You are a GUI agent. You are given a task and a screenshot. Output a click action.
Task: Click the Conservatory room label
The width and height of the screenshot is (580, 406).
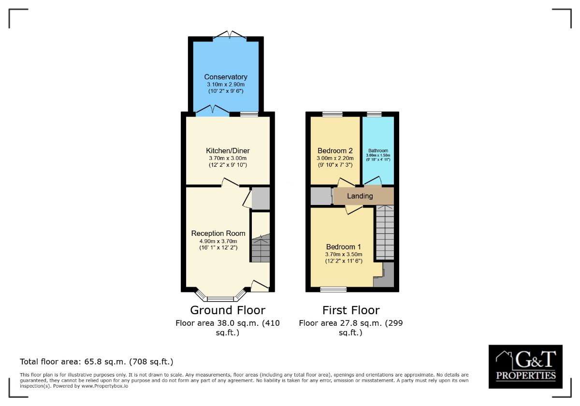[x=226, y=77]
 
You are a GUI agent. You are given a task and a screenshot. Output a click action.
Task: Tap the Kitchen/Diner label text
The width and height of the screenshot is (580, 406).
[x=228, y=150]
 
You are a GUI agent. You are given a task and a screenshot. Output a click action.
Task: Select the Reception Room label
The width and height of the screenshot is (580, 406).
[x=218, y=233]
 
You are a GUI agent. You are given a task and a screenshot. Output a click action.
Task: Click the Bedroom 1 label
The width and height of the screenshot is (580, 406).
[x=344, y=247]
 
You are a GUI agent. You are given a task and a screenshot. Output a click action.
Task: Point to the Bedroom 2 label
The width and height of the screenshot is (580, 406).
[x=335, y=150]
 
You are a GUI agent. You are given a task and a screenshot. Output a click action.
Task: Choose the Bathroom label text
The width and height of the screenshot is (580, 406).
[x=378, y=151]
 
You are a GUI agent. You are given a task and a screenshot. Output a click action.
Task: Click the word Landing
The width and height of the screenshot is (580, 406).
[x=360, y=196]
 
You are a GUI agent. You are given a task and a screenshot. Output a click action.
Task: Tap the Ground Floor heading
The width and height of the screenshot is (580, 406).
[x=228, y=310]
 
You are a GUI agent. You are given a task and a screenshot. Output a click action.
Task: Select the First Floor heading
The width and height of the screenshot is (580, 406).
[x=351, y=310]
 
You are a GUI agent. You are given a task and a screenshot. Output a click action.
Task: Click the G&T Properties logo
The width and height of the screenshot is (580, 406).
[x=525, y=366]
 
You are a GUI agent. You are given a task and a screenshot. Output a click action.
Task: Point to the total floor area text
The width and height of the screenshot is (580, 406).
[x=97, y=362]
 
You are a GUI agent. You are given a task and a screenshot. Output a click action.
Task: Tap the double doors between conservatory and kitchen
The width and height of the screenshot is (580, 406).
[x=213, y=111]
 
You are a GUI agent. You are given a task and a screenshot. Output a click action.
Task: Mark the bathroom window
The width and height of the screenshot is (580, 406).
[x=374, y=114]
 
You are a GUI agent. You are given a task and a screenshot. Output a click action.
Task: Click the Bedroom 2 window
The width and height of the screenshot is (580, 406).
[x=333, y=114]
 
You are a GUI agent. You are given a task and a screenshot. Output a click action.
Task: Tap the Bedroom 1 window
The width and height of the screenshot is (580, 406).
[x=333, y=290]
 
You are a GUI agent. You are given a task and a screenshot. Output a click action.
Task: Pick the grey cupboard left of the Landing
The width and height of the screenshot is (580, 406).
[x=320, y=196]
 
